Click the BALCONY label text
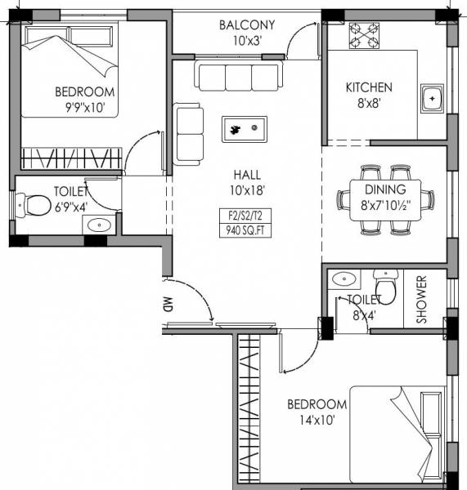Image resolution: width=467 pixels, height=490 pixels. (x=246, y=24)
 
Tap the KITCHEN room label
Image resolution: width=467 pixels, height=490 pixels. (x=368, y=87)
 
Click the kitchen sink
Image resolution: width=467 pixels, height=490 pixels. (x=431, y=98)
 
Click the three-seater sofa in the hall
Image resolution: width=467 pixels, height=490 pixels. (x=238, y=76)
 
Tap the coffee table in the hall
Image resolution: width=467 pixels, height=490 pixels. (x=245, y=129)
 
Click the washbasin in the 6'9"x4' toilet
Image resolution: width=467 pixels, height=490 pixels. (x=98, y=225)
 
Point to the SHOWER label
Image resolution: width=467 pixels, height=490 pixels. (x=422, y=300)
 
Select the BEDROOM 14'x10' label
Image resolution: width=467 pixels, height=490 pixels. (x=317, y=412)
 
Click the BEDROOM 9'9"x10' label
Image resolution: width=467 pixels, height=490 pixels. (x=84, y=99)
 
